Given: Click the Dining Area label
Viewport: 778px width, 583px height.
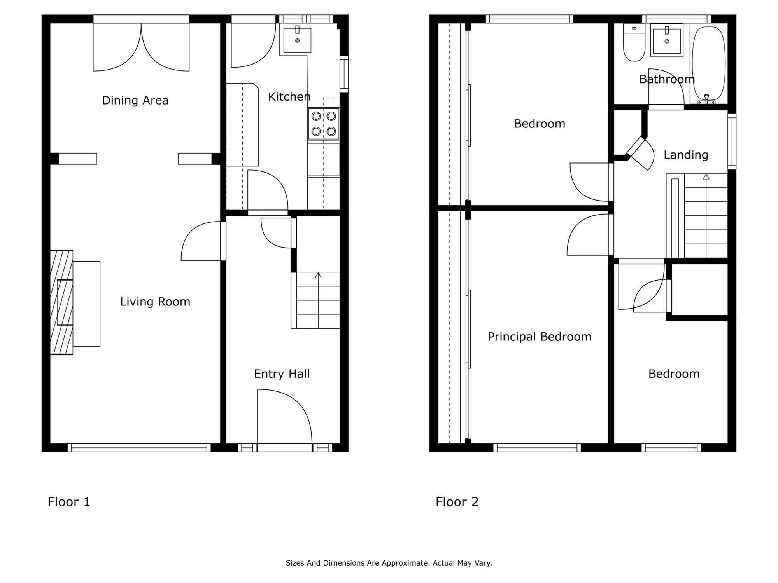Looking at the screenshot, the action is pyautogui.click(x=135, y=100).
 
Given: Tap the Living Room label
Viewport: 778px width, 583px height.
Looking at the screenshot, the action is pyautogui.click(x=155, y=302).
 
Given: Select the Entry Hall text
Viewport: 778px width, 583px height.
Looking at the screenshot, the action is pyautogui.click(x=282, y=374).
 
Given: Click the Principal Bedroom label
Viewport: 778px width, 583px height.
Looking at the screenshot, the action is pyautogui.click(x=540, y=337).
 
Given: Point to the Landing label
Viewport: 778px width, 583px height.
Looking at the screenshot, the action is pyautogui.click(x=686, y=155).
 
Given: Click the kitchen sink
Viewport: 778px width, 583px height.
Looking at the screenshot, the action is pyautogui.click(x=297, y=40).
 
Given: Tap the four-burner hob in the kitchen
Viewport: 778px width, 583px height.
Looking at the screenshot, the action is pyautogui.click(x=324, y=124).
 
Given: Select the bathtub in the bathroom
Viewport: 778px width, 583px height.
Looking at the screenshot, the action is pyautogui.click(x=709, y=64).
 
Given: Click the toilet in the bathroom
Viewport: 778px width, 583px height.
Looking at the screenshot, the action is pyautogui.click(x=634, y=42).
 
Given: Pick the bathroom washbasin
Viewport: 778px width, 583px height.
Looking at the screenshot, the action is pyautogui.click(x=667, y=40).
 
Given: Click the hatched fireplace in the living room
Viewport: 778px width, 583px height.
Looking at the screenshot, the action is pyautogui.click(x=61, y=302).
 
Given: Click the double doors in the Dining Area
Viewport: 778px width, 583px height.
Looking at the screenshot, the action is pyautogui.click(x=141, y=47).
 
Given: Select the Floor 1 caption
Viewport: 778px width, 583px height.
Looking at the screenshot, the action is pyautogui.click(x=69, y=502).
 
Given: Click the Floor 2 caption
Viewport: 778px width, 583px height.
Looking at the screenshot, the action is pyautogui.click(x=457, y=502).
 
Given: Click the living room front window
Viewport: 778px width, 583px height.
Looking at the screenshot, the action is pyautogui.click(x=139, y=448).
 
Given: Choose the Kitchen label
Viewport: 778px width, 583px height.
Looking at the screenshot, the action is pyautogui.click(x=289, y=96).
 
